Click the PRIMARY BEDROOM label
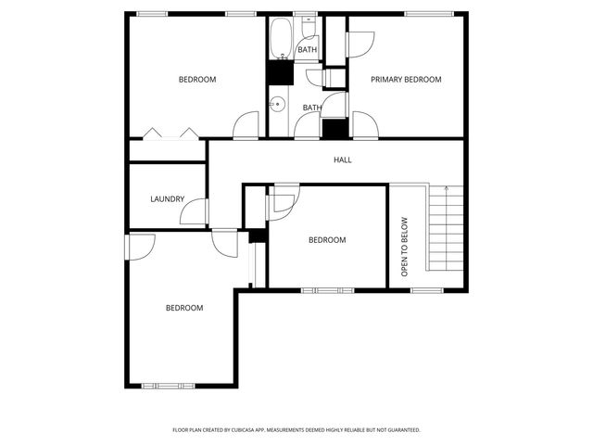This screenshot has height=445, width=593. pos(406,80)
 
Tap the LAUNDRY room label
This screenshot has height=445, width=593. pos(167,199)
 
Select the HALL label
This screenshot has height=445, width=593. pos(343,159)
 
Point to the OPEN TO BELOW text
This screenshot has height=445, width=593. pos(404,248)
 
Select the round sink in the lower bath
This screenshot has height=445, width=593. pos(276,104)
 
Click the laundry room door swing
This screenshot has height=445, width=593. pos(195,213)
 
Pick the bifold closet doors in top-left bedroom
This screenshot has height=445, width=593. pos(171,133)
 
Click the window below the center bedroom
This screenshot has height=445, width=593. pos(327,290)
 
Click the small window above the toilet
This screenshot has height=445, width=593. pos(305,13)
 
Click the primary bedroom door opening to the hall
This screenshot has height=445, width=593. pos(365,126)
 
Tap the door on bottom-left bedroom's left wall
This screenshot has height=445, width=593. pos(140,246)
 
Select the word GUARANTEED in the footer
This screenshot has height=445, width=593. pos(400,430)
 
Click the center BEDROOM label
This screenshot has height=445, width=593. pos(326,240)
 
